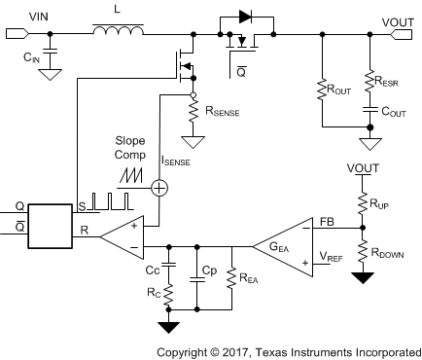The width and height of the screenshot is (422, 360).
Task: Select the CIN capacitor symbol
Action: [50, 52]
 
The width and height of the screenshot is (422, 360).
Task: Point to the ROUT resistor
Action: [321, 90]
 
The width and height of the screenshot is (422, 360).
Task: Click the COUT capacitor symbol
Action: [369, 111]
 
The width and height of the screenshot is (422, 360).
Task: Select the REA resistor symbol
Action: [231, 277]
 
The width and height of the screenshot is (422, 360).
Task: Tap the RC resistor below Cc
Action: [168, 291]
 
